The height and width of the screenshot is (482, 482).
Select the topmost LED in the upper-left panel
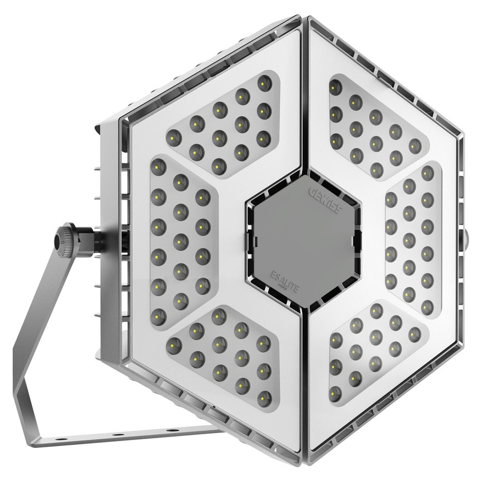point(263,84)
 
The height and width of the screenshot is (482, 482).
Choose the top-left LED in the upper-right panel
point(335,87)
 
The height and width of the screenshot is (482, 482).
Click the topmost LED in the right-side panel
point(427,173)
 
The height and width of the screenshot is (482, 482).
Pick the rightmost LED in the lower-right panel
point(415,333)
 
